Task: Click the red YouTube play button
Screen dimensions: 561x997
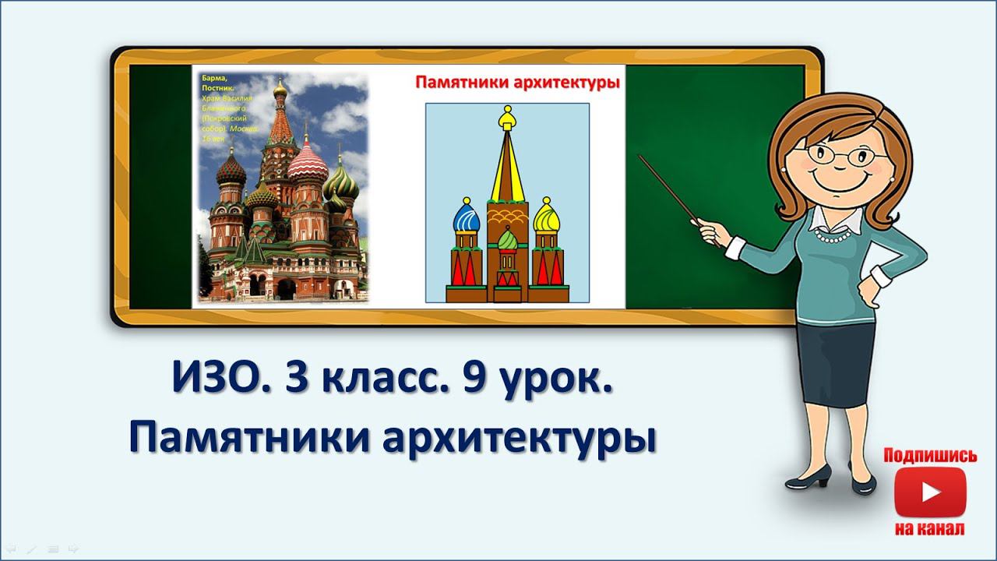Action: click(x=930, y=492)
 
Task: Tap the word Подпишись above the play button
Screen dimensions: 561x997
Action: click(x=930, y=456)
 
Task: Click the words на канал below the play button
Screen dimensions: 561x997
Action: click(x=930, y=529)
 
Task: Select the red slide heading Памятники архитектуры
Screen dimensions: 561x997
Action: click(x=517, y=83)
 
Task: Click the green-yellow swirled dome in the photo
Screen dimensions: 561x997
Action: click(x=341, y=184)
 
